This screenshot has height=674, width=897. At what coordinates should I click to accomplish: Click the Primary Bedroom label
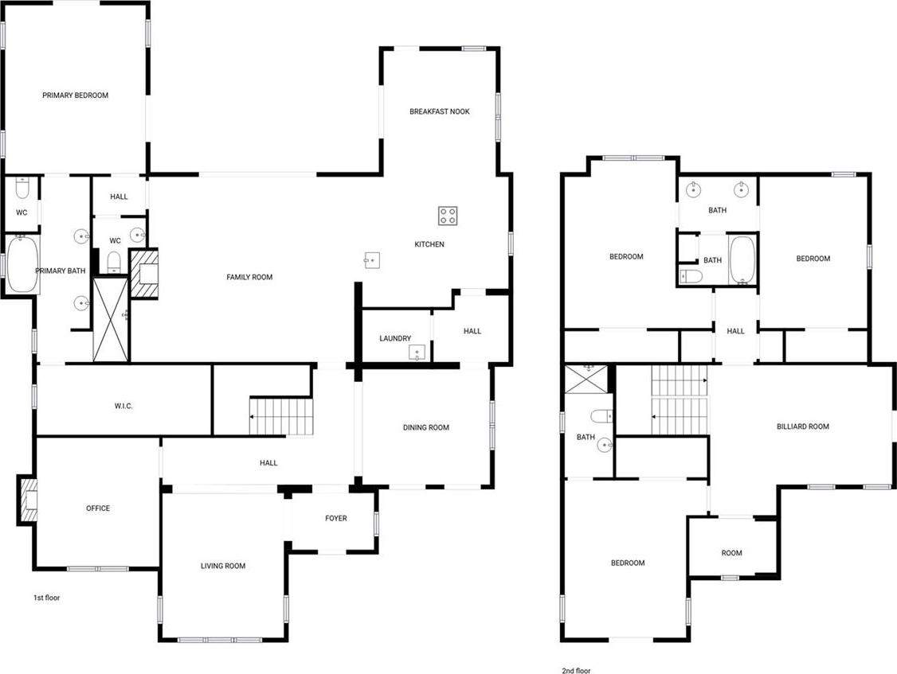[x=76, y=95]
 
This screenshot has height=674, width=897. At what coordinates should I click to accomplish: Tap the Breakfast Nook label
[x=440, y=111]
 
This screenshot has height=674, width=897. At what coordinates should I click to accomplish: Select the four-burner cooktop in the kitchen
[x=448, y=216]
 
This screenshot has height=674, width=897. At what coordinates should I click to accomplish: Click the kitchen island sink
[x=372, y=260]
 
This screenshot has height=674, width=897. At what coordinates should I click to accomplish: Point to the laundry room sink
[x=417, y=353]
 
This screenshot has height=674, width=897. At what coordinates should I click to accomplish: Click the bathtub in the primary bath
[x=23, y=265]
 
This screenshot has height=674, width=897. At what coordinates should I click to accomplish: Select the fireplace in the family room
[x=145, y=274]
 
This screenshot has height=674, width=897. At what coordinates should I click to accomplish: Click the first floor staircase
[x=281, y=416]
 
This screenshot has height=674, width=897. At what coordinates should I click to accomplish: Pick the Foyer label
[x=336, y=519]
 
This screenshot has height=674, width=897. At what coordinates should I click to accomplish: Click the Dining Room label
[x=426, y=427]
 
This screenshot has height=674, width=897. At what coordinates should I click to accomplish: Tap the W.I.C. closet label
[x=123, y=407]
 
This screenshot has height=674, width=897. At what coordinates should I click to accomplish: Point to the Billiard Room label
[x=803, y=427]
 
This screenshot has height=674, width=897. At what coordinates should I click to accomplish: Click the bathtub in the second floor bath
[x=742, y=259]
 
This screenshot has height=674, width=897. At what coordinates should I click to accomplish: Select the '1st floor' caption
[x=46, y=598]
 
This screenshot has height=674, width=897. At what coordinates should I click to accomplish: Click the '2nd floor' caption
[x=576, y=671]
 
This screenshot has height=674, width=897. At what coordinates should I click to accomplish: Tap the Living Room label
[x=223, y=566]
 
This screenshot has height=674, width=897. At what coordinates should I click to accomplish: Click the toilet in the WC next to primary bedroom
[x=22, y=187]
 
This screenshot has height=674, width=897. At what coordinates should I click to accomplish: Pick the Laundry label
[x=395, y=338]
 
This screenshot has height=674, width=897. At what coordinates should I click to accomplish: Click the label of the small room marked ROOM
[x=731, y=553]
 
